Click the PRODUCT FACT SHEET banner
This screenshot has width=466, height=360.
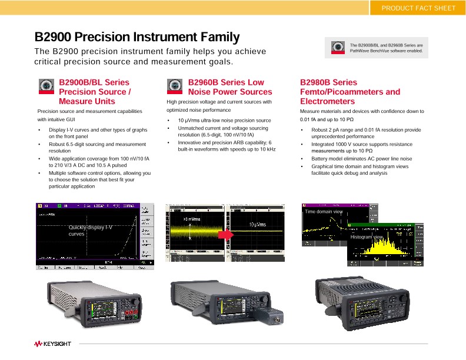point(418,8)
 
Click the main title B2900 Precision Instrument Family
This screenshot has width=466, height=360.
point(137,37)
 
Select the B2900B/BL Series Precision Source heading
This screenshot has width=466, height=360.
point(94,92)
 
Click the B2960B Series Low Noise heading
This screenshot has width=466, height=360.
point(230,87)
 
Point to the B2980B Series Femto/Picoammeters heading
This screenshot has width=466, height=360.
point(349,92)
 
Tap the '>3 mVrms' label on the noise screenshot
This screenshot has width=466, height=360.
point(191,219)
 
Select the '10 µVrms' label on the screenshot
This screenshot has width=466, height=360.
point(257,225)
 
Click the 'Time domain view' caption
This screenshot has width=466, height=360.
point(323,211)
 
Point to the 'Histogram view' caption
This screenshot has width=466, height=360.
point(366,236)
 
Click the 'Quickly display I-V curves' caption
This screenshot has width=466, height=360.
point(90,230)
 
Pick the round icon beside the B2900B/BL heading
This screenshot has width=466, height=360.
point(47,86)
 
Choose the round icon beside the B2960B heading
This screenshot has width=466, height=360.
point(176,86)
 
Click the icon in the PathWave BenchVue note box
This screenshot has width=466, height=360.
point(337,48)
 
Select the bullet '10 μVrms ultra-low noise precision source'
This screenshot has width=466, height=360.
point(224,121)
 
